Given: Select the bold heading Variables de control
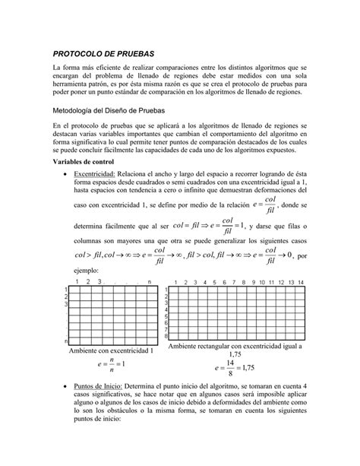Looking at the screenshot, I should (x=87, y=163).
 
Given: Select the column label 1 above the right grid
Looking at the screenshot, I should (x=177, y=283).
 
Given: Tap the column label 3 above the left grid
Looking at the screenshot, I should (x=100, y=283).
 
